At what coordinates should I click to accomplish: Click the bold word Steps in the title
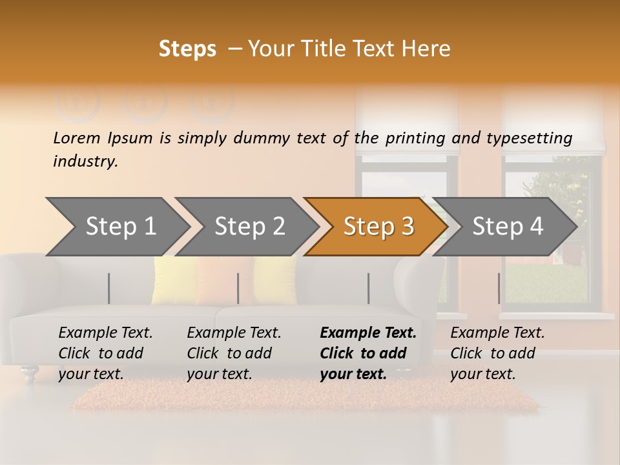[x=187, y=49]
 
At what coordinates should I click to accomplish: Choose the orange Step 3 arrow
[x=378, y=226]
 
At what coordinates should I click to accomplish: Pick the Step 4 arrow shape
[x=508, y=226]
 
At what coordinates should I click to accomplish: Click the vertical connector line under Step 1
[x=109, y=288]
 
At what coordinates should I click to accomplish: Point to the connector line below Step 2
[x=238, y=288]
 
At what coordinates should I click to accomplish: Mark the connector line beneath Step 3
[x=368, y=288]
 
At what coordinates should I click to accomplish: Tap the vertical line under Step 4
[x=499, y=288]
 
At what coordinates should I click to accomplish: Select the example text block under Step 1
[x=105, y=353]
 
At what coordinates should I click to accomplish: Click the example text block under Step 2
[x=234, y=353]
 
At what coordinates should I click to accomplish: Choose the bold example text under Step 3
[x=368, y=353]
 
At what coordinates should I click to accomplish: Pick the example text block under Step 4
[x=497, y=353]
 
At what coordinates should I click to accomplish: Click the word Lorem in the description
[x=77, y=138]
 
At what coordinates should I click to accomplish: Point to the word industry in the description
[x=85, y=161]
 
